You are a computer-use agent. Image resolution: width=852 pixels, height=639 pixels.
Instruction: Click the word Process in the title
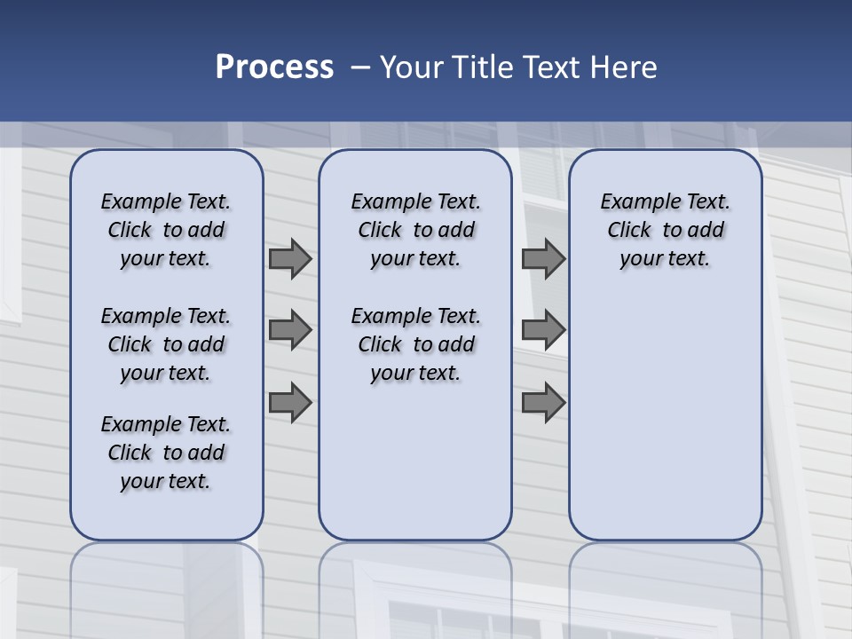274,67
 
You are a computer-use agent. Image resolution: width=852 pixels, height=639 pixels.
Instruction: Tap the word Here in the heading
625,67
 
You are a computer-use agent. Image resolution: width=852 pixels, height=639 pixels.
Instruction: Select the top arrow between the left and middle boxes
290,258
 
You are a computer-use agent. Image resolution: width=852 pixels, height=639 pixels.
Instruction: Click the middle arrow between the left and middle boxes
290,330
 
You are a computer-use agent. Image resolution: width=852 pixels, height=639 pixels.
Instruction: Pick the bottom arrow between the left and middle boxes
290,403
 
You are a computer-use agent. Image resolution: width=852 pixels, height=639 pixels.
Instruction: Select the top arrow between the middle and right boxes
543,258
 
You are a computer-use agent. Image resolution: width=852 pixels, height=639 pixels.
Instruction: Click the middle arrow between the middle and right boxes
543,330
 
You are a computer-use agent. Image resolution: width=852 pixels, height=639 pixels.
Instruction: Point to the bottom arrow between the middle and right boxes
543,403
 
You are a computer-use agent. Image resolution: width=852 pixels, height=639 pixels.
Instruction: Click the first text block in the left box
166,230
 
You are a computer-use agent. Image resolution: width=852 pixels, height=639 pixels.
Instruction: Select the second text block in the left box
166,344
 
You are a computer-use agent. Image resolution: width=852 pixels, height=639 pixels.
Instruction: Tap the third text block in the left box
166,453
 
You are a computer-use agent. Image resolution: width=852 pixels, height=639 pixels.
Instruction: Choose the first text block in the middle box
415,230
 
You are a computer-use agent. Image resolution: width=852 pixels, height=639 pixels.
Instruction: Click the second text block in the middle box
415,344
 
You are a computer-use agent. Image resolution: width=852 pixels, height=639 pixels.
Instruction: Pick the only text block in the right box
666,230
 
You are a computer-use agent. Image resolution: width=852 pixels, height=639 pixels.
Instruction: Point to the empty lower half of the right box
666,417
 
